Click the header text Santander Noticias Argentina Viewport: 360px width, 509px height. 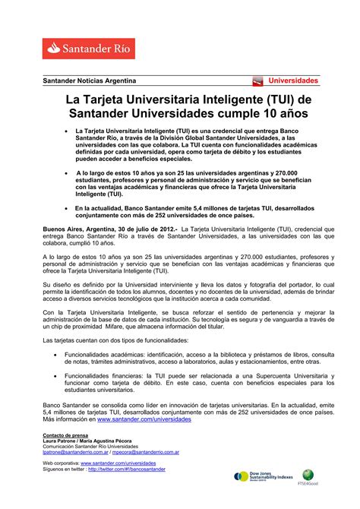click(x=89, y=81)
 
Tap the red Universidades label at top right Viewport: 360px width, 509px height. click(x=292, y=81)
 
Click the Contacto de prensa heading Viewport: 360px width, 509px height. click(x=65, y=435)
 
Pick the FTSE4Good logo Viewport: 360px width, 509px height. click(x=328, y=476)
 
